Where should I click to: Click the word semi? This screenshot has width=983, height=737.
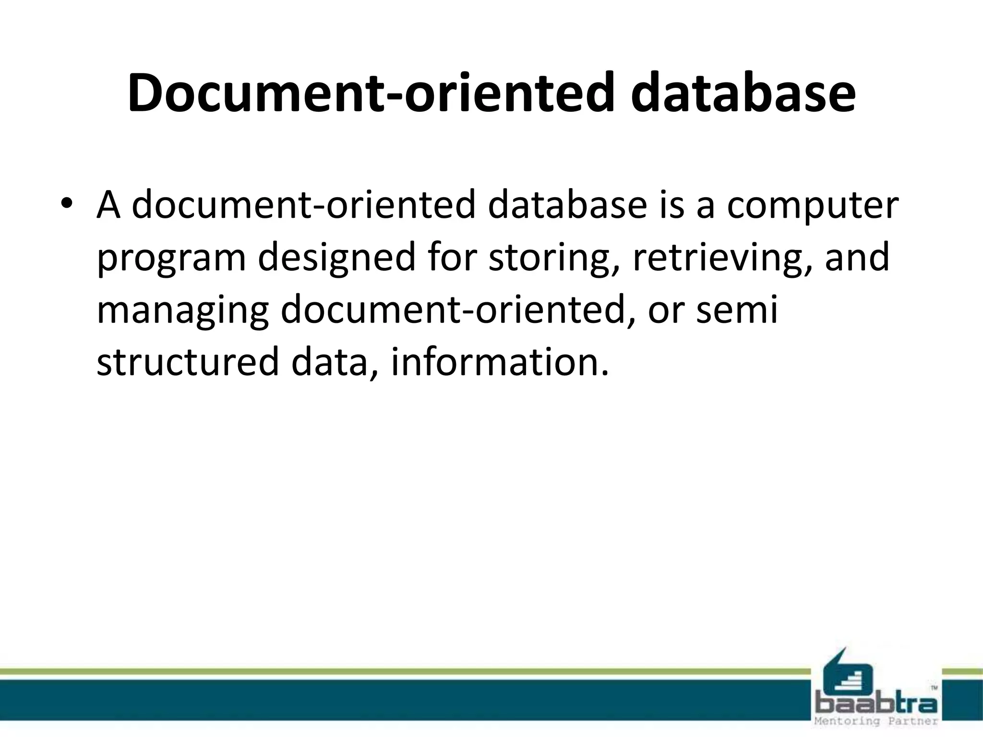pyautogui.click(x=736, y=310)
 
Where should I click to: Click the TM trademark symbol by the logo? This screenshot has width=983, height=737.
pyautogui.click(x=934, y=688)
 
